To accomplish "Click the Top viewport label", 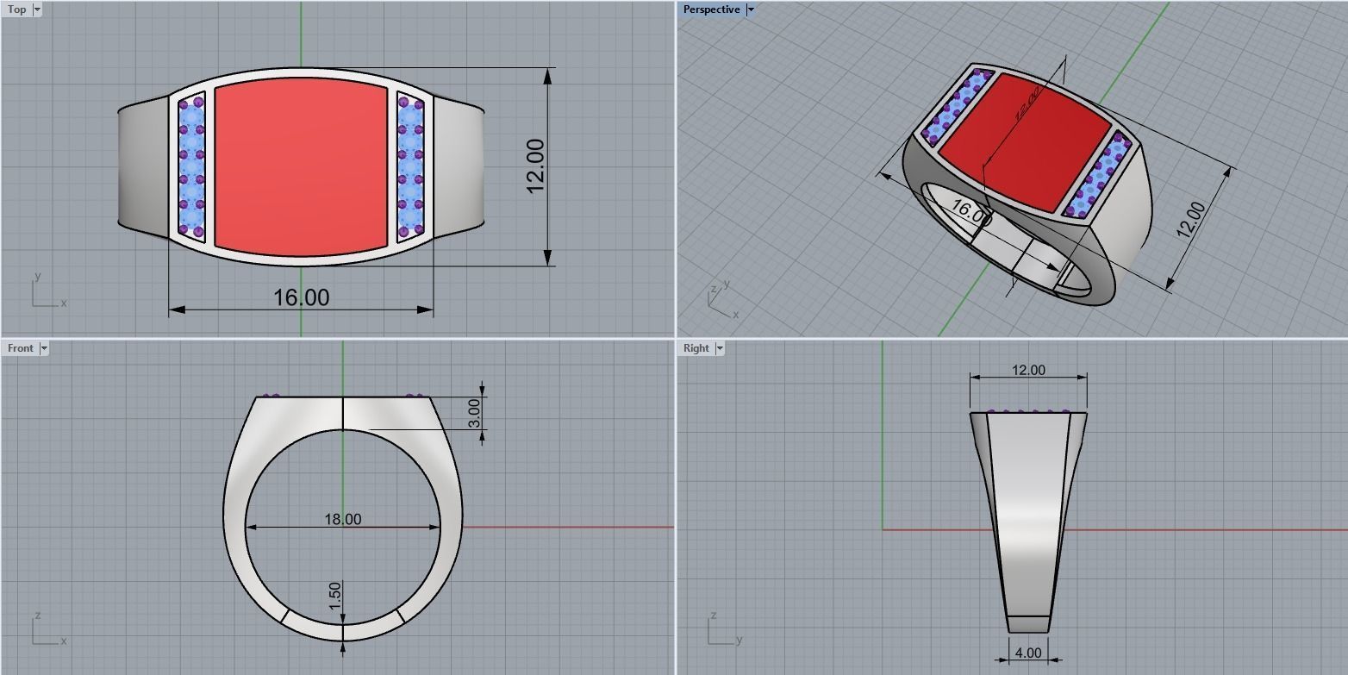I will [x=16, y=9].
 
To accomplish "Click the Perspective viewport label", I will [x=711, y=9].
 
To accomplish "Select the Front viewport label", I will [x=20, y=348].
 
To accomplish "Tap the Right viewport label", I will [x=696, y=348].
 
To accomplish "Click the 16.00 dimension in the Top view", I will [x=301, y=297].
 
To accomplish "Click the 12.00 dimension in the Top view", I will [x=535, y=166].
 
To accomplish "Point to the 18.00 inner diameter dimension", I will [x=342, y=519].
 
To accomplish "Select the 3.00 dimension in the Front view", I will [x=474, y=413].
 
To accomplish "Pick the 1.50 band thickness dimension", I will [x=335, y=596].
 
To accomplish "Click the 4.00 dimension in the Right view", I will [x=1028, y=653].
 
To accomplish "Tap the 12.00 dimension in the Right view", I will [x=1028, y=370].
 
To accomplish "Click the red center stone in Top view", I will [x=301, y=166].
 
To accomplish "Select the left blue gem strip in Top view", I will [x=191, y=166].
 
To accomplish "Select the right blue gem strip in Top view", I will [x=410, y=166].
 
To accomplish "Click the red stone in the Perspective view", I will [x=1023, y=142].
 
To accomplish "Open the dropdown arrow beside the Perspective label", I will [x=751, y=9].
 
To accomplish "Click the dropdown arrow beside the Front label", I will [x=44, y=348].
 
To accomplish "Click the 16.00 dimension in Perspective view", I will [x=970, y=212].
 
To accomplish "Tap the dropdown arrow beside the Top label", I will [x=37, y=9].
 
